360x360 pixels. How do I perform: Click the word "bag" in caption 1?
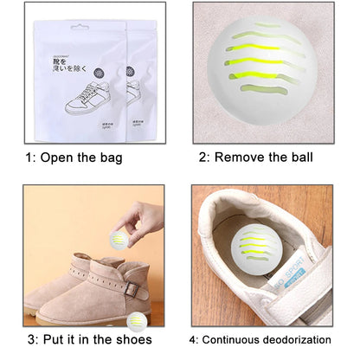click(x=108, y=157)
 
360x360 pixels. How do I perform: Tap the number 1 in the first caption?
click(x=31, y=157)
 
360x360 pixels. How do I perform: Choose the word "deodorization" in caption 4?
click(x=295, y=340)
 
